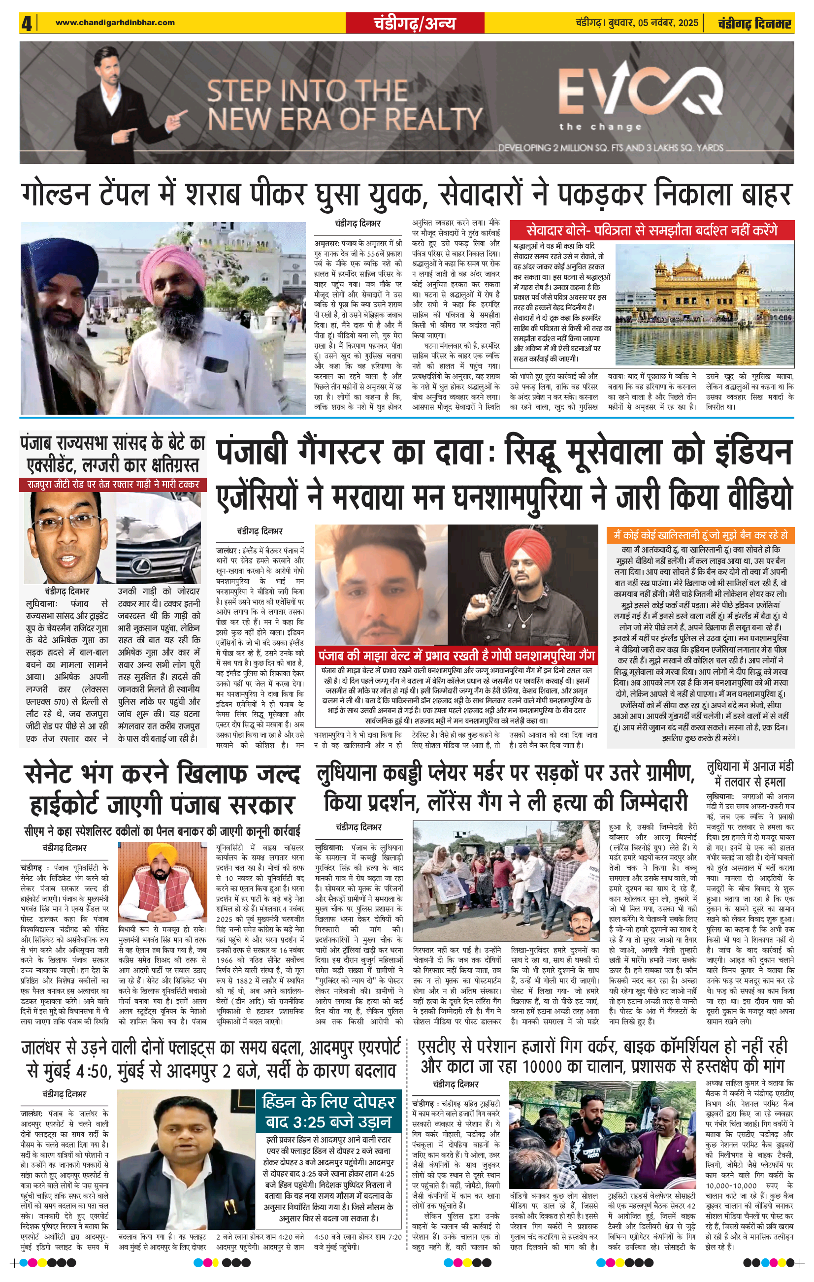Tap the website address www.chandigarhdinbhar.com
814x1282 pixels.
point(115,22)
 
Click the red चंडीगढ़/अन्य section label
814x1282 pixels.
point(414,23)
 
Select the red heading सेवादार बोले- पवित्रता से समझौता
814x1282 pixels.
point(651,230)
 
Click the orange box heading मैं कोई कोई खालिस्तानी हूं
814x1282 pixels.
point(701,535)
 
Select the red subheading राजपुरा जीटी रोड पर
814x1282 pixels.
point(113,485)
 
